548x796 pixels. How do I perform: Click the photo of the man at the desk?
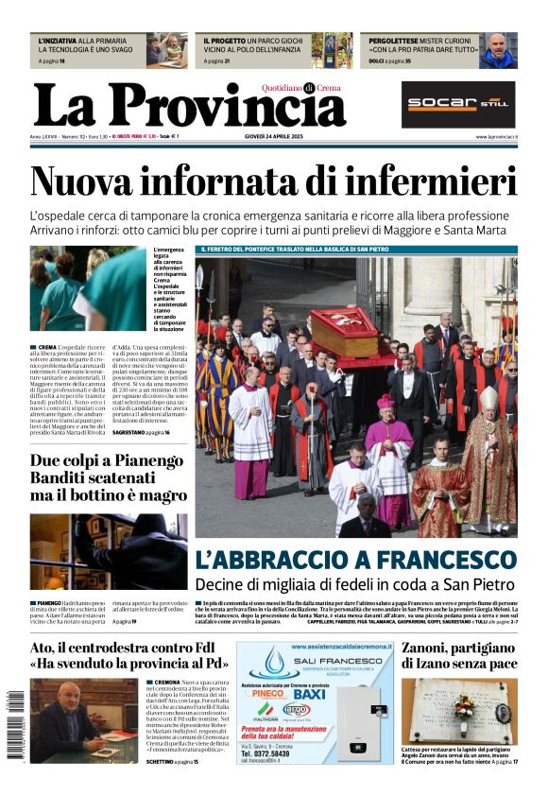84,718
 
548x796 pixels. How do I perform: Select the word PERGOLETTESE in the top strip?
396,42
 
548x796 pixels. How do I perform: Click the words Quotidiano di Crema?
301,88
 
